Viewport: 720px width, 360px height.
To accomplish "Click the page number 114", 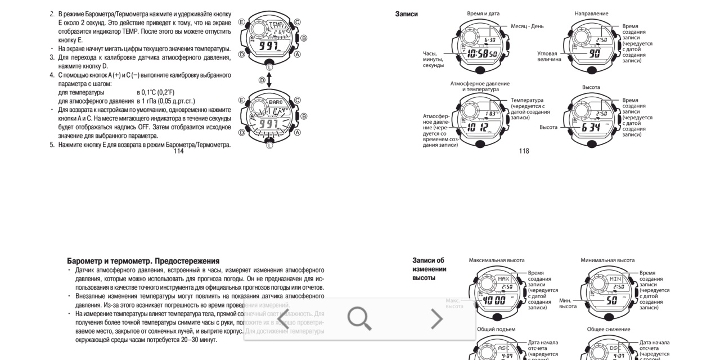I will (x=178, y=151).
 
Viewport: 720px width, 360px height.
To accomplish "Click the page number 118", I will (x=524, y=151).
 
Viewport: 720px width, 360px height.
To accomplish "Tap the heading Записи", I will (x=406, y=14).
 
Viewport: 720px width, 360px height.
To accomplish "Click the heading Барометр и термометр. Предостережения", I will (x=143, y=262).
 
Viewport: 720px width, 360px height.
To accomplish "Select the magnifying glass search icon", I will (x=359, y=319).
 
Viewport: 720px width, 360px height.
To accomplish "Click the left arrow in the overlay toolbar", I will (x=283, y=319).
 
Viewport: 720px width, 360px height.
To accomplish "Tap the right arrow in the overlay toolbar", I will (x=436, y=319).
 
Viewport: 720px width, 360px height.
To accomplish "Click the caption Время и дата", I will (x=483, y=13).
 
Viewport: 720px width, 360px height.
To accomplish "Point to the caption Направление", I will (x=591, y=13).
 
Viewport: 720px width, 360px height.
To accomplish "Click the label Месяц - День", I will (x=527, y=26).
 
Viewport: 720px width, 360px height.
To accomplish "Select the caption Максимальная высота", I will (x=496, y=260).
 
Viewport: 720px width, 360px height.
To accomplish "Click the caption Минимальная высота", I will (x=607, y=260).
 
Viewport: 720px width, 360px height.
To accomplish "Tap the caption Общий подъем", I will (x=496, y=329).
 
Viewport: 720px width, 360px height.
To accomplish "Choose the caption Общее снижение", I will (x=608, y=329).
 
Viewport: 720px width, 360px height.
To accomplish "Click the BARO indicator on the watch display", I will (x=276, y=102).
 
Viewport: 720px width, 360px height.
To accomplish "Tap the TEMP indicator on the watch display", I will (x=277, y=25).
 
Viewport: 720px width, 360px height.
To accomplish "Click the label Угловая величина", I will (x=549, y=56).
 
